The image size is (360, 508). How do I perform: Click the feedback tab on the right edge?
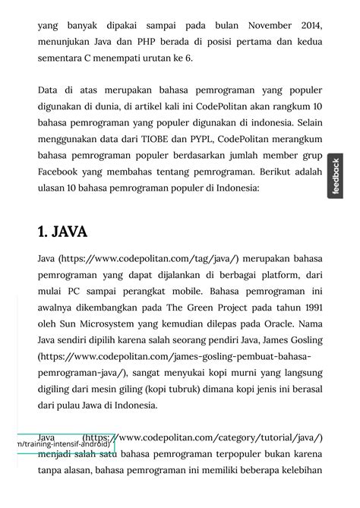coord(336,176)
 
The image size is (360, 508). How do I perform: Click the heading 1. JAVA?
coord(62,232)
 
